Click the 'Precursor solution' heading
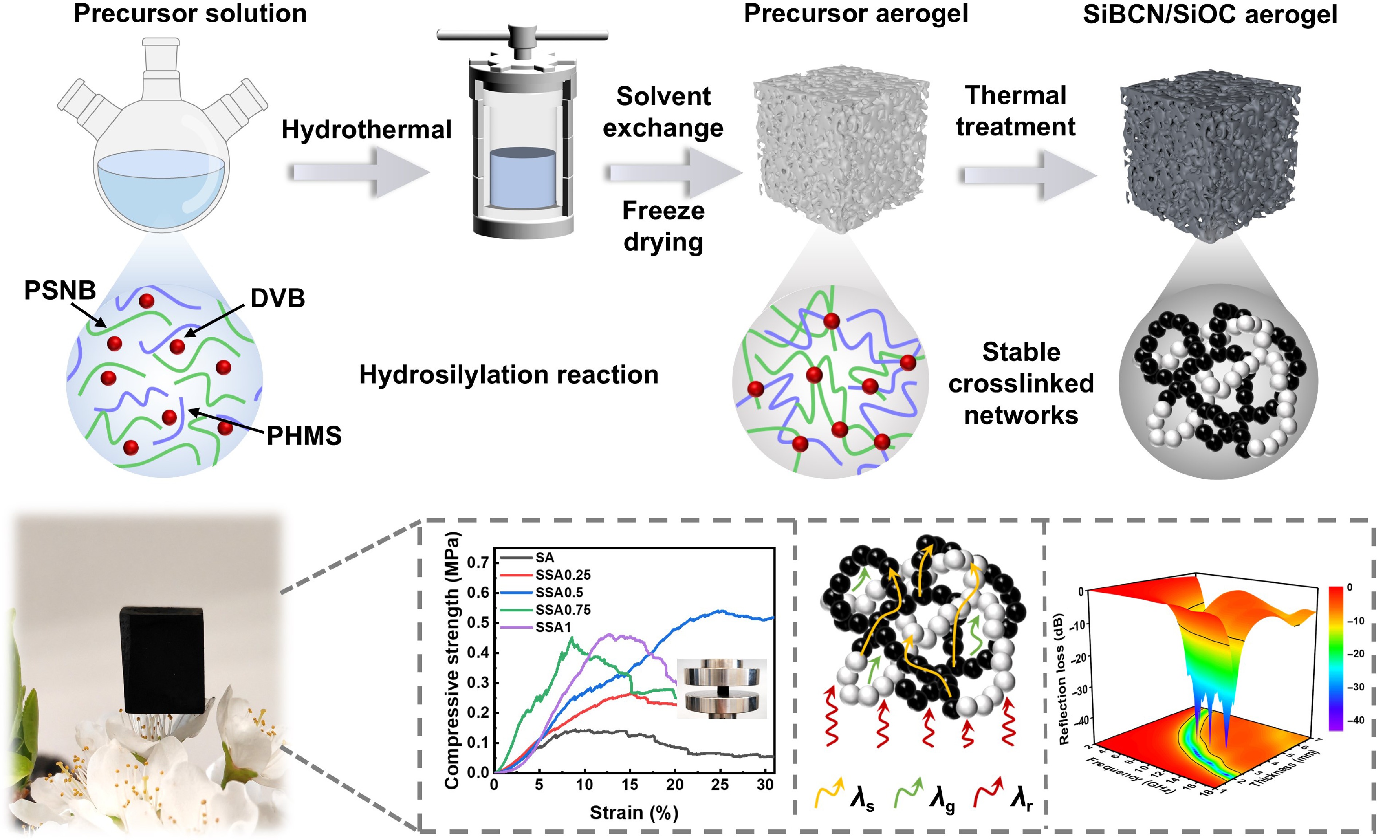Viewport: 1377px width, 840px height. (190, 13)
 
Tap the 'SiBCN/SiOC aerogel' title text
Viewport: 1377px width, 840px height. (1210, 15)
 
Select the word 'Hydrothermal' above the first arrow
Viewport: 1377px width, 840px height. (366, 130)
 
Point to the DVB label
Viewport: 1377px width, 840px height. (277, 298)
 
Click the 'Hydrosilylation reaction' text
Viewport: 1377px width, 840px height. (509, 374)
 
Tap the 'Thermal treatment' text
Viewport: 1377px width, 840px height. (1015, 111)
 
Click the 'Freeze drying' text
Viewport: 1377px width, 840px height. (663, 226)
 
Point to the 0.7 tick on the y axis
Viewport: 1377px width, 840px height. (478, 562)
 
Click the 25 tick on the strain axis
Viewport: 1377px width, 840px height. (720, 785)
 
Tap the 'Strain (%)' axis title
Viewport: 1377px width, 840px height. (634, 813)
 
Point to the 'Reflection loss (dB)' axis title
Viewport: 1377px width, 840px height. (1063, 679)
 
